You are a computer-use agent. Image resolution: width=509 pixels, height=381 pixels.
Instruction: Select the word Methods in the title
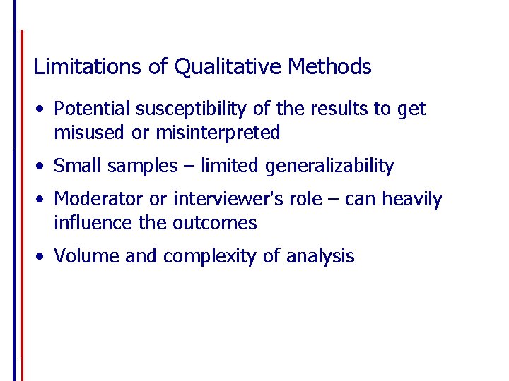pos(329,67)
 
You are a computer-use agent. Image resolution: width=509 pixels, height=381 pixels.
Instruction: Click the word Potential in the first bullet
pos(92,109)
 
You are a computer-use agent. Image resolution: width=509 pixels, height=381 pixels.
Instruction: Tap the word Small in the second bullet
pos(75,166)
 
